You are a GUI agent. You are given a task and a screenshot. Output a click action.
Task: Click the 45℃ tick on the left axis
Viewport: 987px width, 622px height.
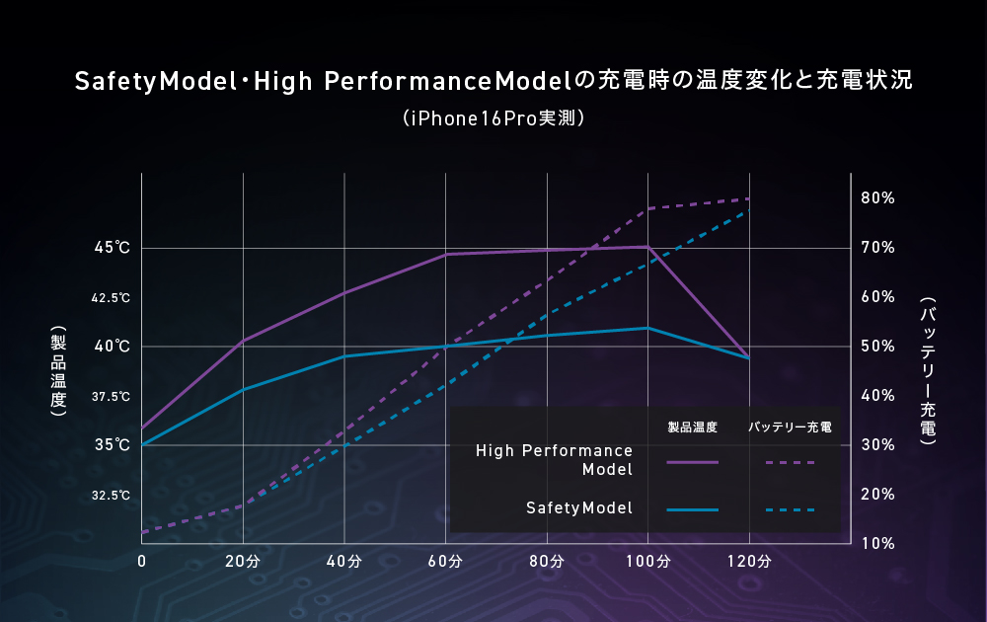pos(112,248)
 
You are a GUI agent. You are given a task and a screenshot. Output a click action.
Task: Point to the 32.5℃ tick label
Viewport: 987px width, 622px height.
pos(111,495)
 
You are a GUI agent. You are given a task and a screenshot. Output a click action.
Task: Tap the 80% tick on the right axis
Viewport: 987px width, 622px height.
pos(876,198)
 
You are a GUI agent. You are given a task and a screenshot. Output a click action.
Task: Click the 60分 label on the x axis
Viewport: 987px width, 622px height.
pos(445,562)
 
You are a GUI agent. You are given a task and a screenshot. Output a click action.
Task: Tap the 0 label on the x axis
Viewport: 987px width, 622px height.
pos(142,562)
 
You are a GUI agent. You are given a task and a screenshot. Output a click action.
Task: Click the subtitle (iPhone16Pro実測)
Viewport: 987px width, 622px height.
pos(493,118)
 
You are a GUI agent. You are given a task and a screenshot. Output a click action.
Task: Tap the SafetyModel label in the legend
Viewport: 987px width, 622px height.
pos(578,508)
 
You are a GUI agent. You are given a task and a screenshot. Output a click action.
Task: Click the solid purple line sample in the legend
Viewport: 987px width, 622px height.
pos(692,461)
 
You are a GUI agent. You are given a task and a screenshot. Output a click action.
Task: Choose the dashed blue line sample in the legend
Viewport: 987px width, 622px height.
pos(790,510)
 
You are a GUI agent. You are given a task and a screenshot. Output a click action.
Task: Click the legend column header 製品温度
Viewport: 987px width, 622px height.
pos(692,428)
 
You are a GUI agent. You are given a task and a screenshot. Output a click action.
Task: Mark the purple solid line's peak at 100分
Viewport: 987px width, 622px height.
pos(647,247)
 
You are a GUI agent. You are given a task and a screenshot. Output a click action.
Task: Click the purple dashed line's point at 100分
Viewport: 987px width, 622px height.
pos(647,208)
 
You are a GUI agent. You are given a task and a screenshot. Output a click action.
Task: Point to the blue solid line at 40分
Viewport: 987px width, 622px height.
pos(343,356)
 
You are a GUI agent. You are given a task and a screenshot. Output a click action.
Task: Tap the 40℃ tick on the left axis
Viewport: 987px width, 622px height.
pos(112,347)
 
